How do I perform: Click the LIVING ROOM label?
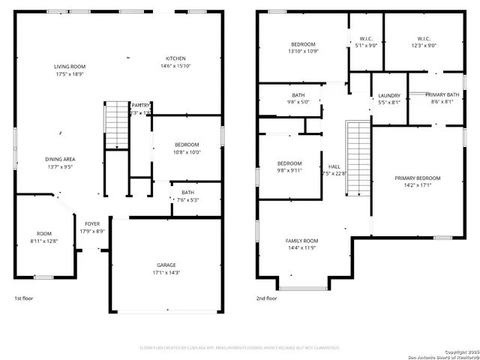(69, 67)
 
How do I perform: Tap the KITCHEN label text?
(175, 58)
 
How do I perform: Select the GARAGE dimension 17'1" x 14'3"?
(167, 272)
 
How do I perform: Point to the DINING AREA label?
(59, 159)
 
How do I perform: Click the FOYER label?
(91, 223)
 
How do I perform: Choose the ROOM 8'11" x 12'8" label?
(44, 234)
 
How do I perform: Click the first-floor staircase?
(116, 124)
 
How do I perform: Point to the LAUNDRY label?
(388, 95)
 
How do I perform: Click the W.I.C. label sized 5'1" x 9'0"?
(366, 38)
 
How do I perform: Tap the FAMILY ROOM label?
(301, 241)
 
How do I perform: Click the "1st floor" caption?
(25, 298)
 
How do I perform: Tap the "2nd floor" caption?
(266, 298)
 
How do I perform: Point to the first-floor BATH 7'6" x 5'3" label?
(187, 192)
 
